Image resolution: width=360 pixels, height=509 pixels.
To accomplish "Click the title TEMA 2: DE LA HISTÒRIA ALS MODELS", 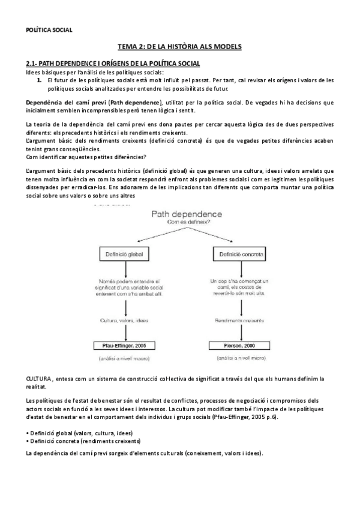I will click(179, 47).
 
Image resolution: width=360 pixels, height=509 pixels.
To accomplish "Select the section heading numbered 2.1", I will click(113, 64).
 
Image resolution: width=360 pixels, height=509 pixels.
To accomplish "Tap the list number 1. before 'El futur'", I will click(37, 79).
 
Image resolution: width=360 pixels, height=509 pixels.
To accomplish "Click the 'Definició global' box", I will click(125, 254).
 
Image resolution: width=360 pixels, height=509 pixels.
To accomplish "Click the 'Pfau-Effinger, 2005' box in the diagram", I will click(125, 346).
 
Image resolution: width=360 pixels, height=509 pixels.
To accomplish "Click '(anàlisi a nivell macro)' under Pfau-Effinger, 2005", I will click(125, 358).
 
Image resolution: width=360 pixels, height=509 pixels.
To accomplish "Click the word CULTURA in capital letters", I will click(38, 379).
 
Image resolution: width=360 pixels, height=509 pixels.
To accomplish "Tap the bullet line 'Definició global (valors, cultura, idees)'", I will click(79, 433).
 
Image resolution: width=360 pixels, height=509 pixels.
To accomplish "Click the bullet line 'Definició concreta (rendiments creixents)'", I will click(83, 441).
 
